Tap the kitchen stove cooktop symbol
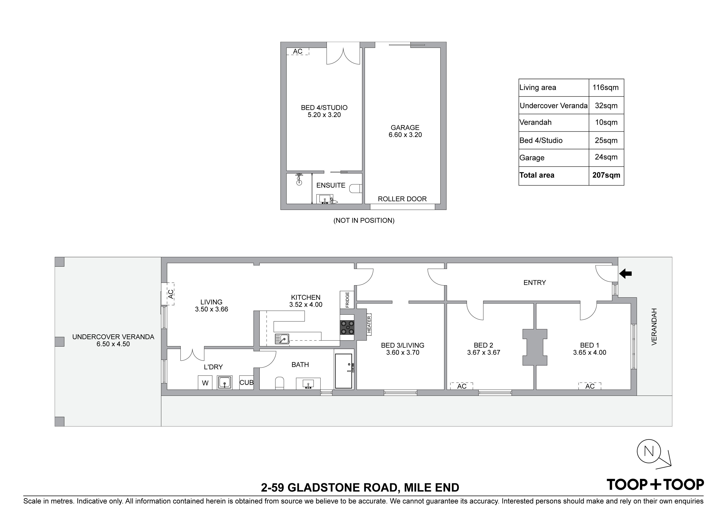347,327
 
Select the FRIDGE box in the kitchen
347,300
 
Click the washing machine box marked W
205,383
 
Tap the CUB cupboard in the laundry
246,383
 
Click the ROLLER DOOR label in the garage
402,199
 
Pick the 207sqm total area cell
606,175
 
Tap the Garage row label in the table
532,158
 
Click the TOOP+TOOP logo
655,485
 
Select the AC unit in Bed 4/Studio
298,51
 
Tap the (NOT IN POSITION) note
364,221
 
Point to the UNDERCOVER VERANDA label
113,337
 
